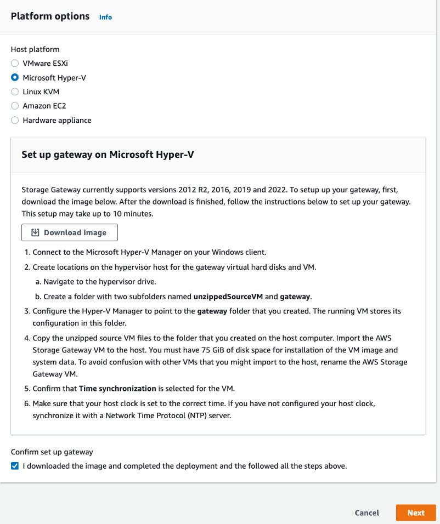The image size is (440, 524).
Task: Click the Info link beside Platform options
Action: pos(105,17)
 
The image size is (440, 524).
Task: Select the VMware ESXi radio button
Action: pos(15,64)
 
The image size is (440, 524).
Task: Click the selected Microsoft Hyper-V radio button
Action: pos(15,78)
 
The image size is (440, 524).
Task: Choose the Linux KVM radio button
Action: pos(15,92)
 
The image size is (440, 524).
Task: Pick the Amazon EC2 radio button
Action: pos(15,106)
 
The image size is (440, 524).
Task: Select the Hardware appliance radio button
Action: pos(15,120)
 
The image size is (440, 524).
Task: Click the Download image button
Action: pos(70,232)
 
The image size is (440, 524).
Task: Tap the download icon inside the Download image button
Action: pos(35,232)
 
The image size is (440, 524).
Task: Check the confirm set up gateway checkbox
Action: pos(15,466)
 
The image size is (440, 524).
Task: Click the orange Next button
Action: pos(416,513)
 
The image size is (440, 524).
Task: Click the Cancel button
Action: pos(367,513)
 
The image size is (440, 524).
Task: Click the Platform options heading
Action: pos(50,16)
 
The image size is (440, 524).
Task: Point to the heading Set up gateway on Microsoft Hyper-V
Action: pos(108,155)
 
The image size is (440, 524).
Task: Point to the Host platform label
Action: pos(35,49)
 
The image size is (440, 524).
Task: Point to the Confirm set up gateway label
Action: pos(52,452)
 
